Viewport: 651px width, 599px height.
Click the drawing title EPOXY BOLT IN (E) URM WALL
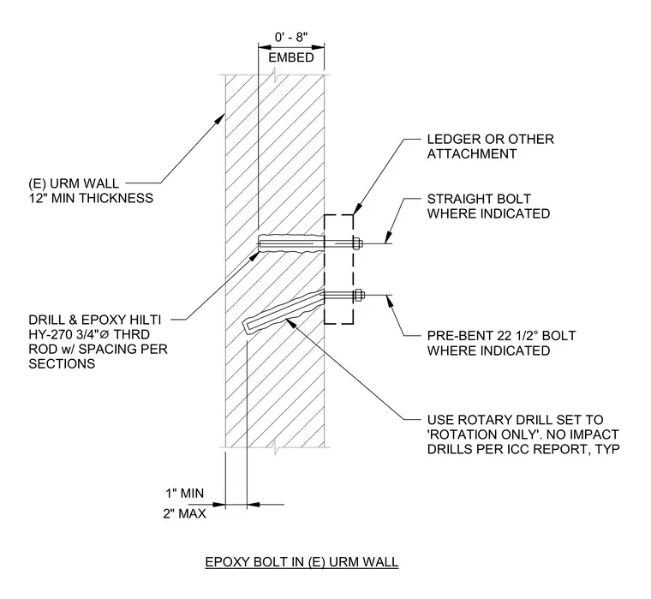302,561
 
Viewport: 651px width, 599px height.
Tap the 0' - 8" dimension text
291,38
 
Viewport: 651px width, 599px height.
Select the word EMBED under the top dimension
291,57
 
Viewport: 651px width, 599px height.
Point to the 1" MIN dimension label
185,493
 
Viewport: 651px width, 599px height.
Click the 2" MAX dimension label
185,514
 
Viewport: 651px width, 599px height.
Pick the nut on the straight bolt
356,243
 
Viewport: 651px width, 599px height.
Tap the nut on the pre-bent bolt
358,296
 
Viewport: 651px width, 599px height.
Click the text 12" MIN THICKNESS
91,198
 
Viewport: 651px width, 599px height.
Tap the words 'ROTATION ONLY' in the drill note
481,434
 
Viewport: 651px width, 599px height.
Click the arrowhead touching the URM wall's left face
220,119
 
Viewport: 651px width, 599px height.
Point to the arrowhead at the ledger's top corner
356,209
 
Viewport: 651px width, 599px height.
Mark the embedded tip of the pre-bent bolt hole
245,326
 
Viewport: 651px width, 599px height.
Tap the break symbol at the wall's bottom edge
276,447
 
